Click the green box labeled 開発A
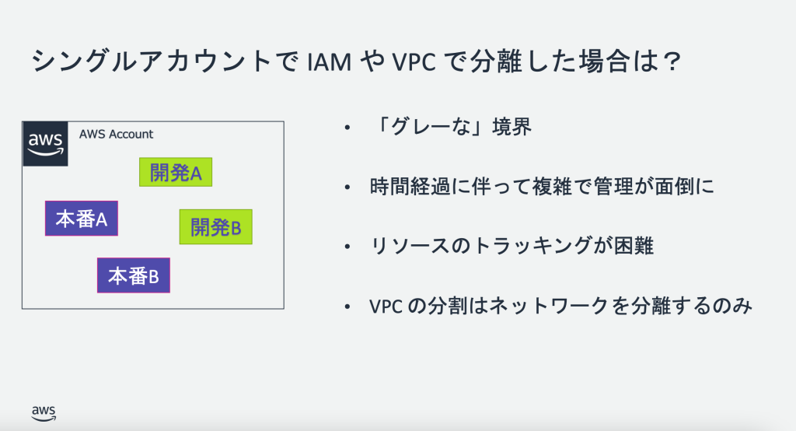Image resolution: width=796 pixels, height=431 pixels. coord(176,173)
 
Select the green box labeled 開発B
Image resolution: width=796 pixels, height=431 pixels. coord(216,227)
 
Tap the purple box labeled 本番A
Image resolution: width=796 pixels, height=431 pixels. coord(81,219)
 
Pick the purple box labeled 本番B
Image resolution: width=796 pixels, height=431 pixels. coord(133,275)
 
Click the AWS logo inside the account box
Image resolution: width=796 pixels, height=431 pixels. coord(46,143)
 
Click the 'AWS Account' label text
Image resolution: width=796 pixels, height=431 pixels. coord(116,134)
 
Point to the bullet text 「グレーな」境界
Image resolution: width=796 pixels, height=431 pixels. coord(452,128)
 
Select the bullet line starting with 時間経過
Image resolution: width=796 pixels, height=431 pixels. coord(542,187)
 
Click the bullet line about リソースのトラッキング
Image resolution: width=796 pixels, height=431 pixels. coord(513,247)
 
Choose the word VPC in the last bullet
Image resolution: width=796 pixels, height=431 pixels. coord(386,307)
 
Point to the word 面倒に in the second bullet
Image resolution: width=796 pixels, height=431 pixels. coord(688,187)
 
